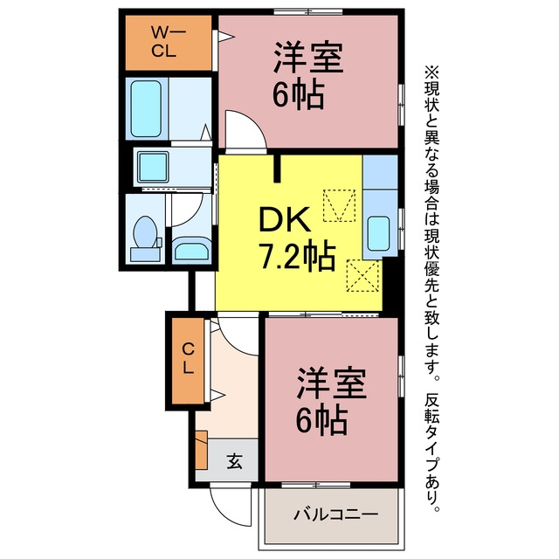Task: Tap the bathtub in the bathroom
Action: click(146, 108)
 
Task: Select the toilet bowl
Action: click(145, 231)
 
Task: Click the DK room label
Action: click(284, 220)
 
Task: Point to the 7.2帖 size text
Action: click(298, 256)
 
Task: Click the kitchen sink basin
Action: click(378, 233)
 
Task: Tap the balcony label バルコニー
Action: click(335, 514)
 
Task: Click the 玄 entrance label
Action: click(235, 460)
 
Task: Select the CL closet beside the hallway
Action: click(188, 361)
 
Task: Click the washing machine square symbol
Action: click(154, 167)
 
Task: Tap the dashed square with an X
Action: click(362, 276)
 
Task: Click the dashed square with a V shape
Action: click(339, 206)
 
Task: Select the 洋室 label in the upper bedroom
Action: click(308, 58)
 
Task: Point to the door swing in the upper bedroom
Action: click(246, 130)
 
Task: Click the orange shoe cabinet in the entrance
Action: click(202, 450)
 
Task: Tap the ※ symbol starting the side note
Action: click(431, 72)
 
